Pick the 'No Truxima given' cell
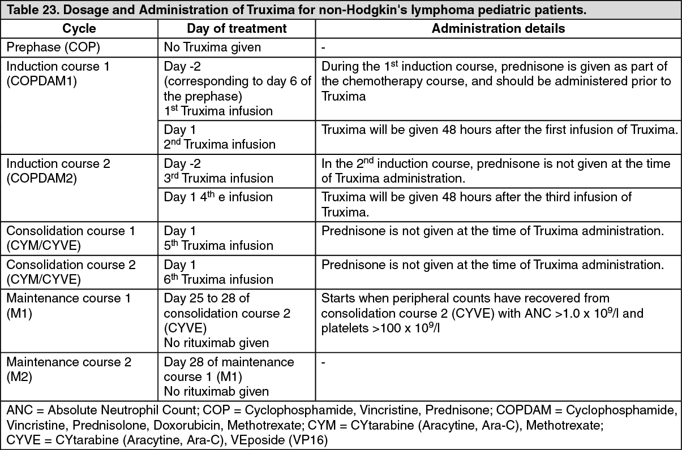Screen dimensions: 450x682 coord(213,47)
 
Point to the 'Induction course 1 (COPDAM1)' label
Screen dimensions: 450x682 coord(58,73)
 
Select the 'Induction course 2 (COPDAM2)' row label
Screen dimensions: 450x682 coord(58,171)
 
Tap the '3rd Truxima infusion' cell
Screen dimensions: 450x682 coord(218,178)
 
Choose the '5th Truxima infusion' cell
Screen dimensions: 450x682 coord(218,246)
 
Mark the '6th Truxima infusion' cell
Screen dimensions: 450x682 coord(218,279)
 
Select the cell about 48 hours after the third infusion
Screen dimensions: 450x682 coord(477,205)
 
